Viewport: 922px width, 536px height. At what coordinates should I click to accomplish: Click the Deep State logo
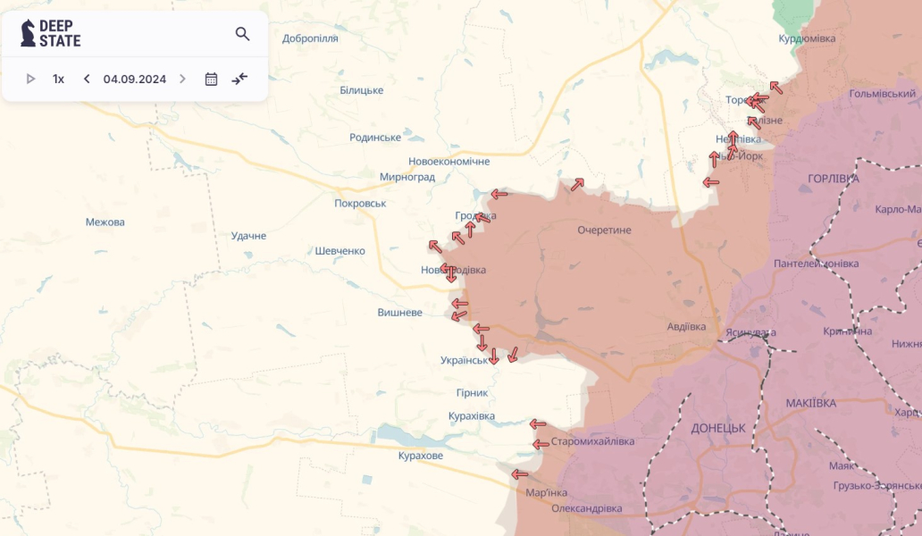[x=51, y=33]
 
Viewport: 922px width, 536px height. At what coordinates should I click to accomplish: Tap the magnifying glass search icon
[x=242, y=34]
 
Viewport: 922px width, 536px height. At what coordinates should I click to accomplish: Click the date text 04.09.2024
[x=134, y=79]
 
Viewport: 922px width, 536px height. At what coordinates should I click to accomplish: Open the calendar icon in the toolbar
[x=211, y=79]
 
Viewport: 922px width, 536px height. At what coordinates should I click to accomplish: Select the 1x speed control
[x=58, y=79]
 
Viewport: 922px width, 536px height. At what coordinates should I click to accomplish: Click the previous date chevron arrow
[x=87, y=79]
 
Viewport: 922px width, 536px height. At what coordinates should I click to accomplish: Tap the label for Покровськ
[x=360, y=203]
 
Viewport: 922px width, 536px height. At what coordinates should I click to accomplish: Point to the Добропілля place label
[x=310, y=38]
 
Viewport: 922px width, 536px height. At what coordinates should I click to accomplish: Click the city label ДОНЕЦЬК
[x=717, y=428]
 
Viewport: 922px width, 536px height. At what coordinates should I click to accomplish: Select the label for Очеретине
[x=604, y=230]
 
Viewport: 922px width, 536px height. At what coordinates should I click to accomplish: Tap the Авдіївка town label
[x=686, y=326]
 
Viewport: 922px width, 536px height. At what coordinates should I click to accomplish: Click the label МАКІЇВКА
[x=810, y=403]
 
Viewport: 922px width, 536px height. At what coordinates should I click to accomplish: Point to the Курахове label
[x=420, y=456]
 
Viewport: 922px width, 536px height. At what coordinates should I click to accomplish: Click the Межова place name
[x=105, y=222]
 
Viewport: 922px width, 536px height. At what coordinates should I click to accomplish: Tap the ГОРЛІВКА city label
[x=833, y=179]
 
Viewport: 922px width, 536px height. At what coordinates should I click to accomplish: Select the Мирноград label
[x=407, y=177]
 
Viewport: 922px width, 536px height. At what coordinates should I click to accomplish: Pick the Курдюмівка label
[x=806, y=38]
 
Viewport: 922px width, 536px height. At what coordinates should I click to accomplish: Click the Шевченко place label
[x=339, y=251]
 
